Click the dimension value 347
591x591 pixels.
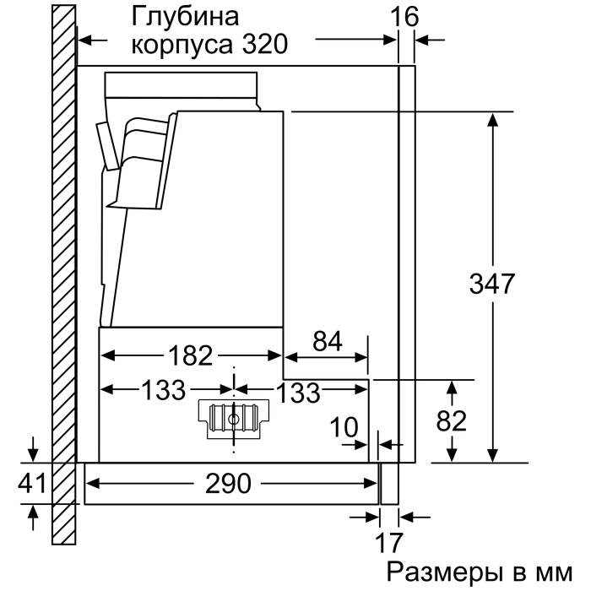pos(492,284)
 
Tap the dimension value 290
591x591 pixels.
pos(229,484)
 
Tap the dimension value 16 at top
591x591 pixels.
pos(408,16)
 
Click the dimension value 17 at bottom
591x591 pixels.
pos(389,541)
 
